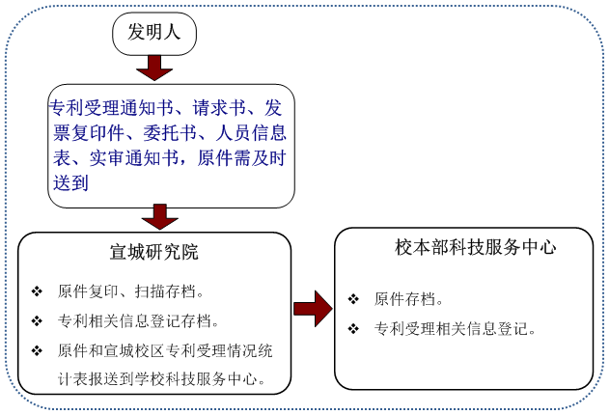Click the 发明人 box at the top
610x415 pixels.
coord(154,34)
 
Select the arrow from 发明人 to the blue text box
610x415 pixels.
coord(154,69)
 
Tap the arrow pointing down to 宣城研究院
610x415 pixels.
coord(160,216)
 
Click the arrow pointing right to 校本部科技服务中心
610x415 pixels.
coord(313,309)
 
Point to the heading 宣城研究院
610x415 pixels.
coord(154,252)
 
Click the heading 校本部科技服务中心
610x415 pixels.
coord(476,247)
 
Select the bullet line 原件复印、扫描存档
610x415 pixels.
coord(130,291)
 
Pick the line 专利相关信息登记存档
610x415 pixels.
coord(138,321)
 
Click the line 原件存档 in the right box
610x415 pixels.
coord(408,299)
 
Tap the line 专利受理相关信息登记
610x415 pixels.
coord(455,329)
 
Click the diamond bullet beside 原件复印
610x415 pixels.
coord(37,291)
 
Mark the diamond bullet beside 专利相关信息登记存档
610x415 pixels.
coord(37,321)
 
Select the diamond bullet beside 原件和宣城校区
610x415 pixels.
coord(37,351)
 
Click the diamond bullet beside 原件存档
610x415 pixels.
coord(353,299)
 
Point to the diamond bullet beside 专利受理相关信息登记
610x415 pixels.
coord(353,329)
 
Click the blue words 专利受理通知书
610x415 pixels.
coord(111,108)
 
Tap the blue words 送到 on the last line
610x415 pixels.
coord(70,182)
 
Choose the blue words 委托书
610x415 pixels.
coord(170,133)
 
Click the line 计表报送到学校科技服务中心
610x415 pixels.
coord(161,378)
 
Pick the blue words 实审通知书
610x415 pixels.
coord(134,158)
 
